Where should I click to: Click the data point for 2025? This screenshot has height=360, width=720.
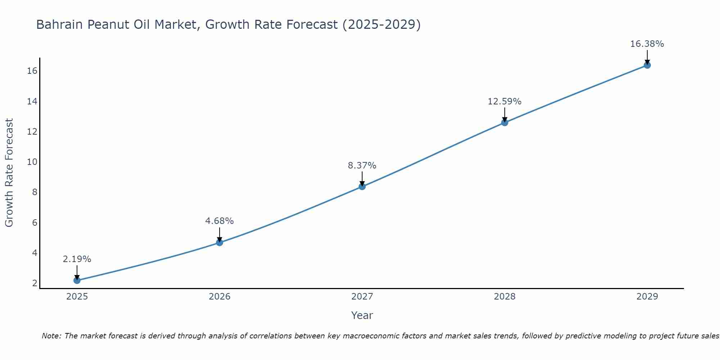(77, 280)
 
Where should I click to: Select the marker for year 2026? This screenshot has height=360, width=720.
(219, 242)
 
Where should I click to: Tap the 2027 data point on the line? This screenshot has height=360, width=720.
(362, 186)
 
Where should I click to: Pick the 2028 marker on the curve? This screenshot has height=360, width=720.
(504, 122)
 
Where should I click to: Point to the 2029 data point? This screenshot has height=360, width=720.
(647, 65)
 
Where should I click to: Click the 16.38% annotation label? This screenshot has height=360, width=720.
(647, 44)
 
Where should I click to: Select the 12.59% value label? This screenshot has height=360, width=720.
(504, 102)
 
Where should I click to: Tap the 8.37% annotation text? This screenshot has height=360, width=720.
(362, 166)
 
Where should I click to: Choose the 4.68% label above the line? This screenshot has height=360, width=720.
(219, 221)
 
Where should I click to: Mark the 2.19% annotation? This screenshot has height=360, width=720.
(77, 259)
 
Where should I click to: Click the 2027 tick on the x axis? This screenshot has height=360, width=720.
(362, 297)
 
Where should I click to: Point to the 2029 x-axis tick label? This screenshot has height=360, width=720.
(647, 297)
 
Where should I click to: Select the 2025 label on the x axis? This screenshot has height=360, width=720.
(77, 297)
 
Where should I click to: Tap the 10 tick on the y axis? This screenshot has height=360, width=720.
(32, 162)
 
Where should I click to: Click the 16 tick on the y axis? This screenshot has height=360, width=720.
(32, 71)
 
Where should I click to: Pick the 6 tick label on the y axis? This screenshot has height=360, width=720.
(35, 222)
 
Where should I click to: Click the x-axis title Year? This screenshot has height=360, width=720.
(362, 315)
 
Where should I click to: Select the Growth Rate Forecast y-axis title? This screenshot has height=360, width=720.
(9, 173)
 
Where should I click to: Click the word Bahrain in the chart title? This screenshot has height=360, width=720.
(59, 24)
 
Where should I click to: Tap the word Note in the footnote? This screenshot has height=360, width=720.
(51, 336)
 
